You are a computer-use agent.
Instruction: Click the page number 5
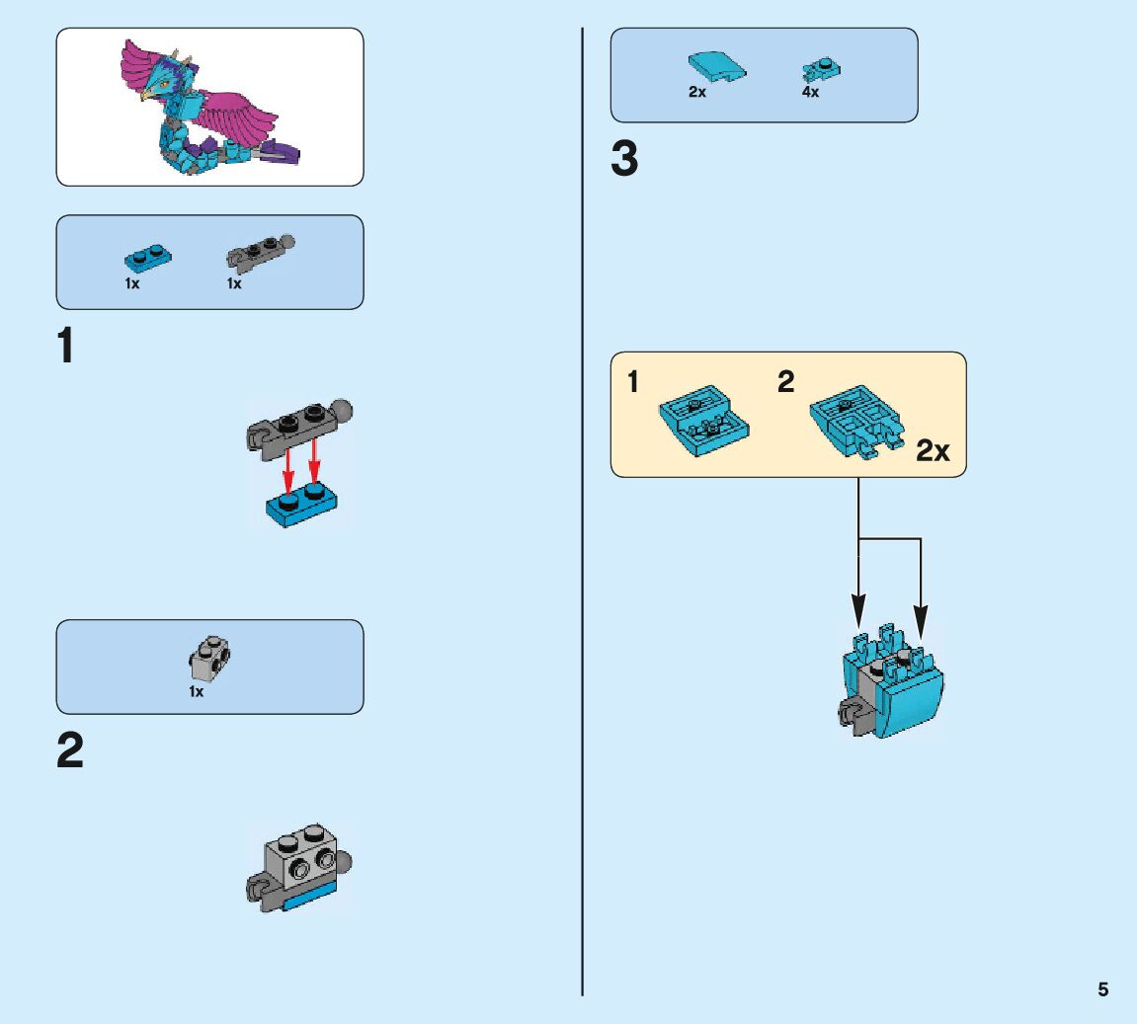(x=1102, y=989)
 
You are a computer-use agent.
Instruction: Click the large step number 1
(x=65, y=347)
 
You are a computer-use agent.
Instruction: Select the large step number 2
(x=69, y=751)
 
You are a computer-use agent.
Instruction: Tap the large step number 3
(x=624, y=160)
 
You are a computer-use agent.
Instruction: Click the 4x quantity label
(x=810, y=92)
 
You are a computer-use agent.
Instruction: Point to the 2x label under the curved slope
(x=697, y=92)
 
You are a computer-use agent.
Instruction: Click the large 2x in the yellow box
(x=932, y=451)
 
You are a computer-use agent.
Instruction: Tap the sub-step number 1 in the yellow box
(x=633, y=383)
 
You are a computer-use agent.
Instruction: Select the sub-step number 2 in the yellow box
(x=785, y=383)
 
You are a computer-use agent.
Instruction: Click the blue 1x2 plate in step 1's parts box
(x=147, y=260)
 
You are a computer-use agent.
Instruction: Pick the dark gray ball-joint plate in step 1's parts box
(x=259, y=253)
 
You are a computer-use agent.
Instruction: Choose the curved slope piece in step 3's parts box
(x=716, y=67)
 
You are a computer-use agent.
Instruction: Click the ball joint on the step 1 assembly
(x=341, y=408)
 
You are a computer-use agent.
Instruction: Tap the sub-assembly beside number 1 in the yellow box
(x=702, y=424)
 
